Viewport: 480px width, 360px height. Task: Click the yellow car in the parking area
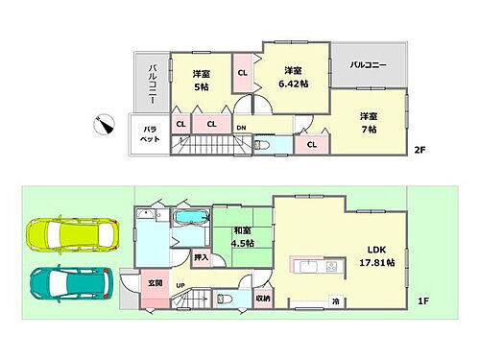pos(68,233)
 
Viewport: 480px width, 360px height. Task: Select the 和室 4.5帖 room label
pos(242,235)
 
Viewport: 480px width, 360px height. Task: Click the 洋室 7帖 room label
pos(370,122)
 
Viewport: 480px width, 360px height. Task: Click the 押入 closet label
pos(200,257)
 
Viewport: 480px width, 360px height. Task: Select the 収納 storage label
pos(263,299)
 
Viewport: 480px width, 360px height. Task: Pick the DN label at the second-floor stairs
pos(241,127)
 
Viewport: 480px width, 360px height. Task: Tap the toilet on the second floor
pos(263,146)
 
